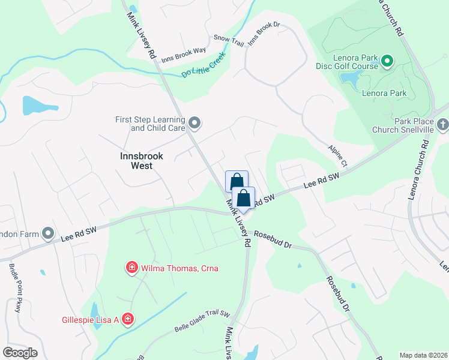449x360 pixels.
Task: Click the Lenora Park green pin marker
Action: pos(387,60)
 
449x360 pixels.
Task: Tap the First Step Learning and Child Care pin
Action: pos(194,124)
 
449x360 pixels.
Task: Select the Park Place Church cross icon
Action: pos(443,125)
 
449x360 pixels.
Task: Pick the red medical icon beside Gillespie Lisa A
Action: pos(127,319)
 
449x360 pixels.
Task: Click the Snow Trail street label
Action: pos(228,40)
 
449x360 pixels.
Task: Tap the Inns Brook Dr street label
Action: pos(264,35)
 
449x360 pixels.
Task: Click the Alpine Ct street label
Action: pos(337,155)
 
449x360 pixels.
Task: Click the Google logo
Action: pos(20,352)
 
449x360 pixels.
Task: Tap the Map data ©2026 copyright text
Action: pos(423,355)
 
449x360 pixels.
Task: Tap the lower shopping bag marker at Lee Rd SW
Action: pos(244,199)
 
